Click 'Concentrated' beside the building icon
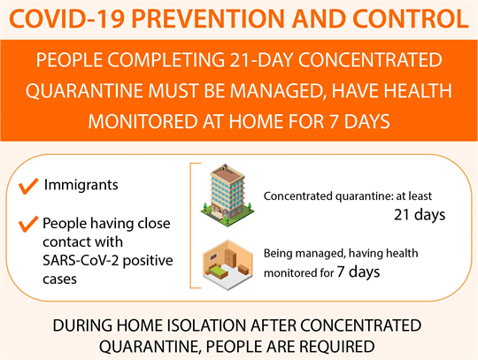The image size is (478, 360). [x=297, y=195]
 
